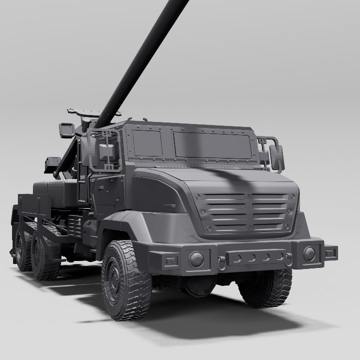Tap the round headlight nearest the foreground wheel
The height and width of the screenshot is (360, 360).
click(196, 258)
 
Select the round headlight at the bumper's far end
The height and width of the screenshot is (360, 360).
click(309, 253)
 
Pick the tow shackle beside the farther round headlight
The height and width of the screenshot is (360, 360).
click(289, 259)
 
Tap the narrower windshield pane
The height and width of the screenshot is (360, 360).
click(147, 143)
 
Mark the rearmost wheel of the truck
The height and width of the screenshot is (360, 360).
click(23, 250)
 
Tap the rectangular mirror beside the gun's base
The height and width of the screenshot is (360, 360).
click(66, 130)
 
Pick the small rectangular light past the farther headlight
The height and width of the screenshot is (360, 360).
click(330, 252)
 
